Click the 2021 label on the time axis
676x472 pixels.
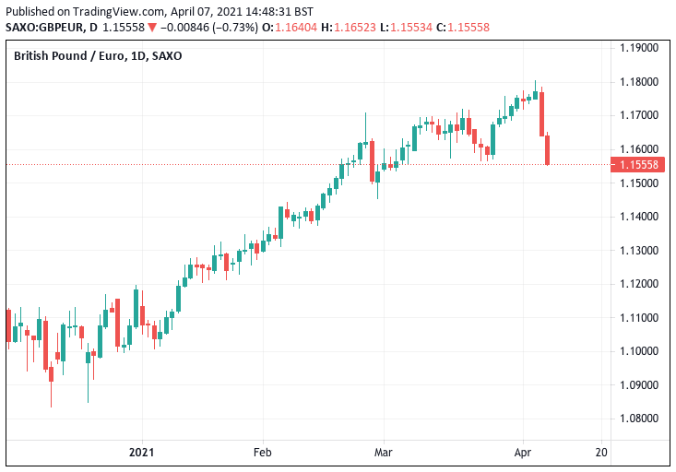[x=142, y=453]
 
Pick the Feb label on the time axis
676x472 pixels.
[x=263, y=453]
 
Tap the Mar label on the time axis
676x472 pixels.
[x=385, y=453]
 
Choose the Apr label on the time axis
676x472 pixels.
[x=521, y=453]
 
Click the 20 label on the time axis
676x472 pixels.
[x=602, y=453]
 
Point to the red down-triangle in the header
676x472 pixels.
[x=151, y=28]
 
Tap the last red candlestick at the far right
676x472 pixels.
[x=548, y=150]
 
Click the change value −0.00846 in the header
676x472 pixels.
[x=185, y=28]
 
